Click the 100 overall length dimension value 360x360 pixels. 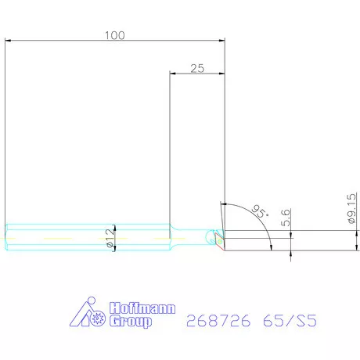[115, 35]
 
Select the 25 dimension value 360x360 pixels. [197, 68]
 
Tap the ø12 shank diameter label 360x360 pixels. [110, 238]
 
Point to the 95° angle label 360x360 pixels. [260, 211]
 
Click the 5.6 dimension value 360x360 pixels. [286, 218]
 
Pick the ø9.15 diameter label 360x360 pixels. [351, 208]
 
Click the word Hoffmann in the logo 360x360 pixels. [142, 308]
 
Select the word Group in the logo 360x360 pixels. [131, 321]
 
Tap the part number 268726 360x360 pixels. [218, 320]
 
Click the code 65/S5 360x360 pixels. [290, 320]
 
